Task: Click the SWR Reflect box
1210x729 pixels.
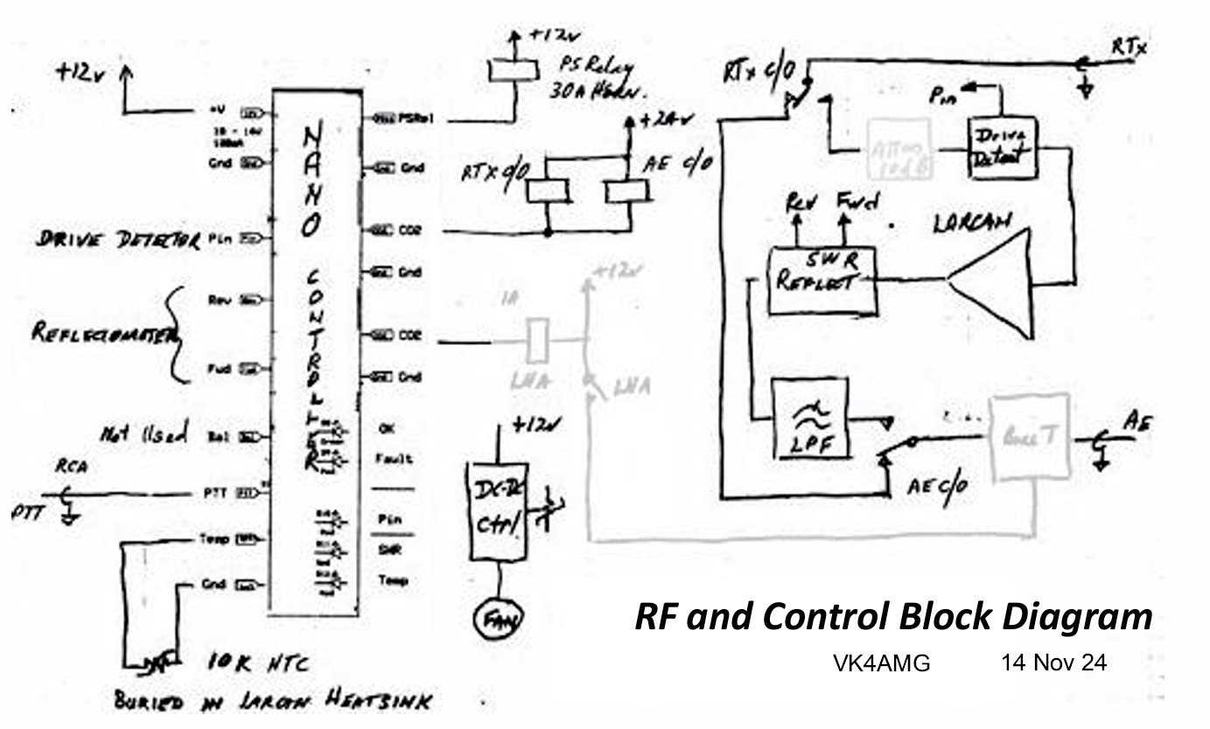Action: click(x=822, y=280)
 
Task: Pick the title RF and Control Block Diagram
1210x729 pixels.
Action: click(x=892, y=617)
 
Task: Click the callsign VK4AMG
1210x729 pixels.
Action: click(x=881, y=664)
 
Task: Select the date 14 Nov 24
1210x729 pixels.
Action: click(x=1053, y=663)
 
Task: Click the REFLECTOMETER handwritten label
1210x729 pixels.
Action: click(x=103, y=333)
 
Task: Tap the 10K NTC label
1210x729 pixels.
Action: click(x=259, y=665)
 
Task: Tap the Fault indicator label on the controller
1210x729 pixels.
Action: click(x=395, y=459)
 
